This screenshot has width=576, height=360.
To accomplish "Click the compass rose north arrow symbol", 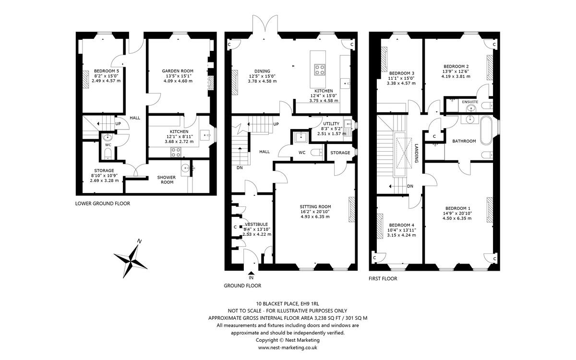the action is click(131, 260).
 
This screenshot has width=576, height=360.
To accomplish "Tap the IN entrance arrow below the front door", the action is click(252, 273).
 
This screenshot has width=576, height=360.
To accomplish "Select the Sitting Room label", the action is click(315, 206).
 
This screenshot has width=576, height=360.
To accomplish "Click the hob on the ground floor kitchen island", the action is click(320, 70).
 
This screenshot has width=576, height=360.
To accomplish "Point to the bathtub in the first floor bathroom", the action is click(485, 131).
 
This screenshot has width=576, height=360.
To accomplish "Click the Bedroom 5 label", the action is click(107, 71).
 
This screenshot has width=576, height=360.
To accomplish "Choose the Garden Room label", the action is click(178, 71).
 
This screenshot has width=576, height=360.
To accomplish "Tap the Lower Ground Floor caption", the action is click(103, 204).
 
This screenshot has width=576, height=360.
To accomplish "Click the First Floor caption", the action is click(383, 278).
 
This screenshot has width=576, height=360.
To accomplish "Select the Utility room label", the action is click(331, 124).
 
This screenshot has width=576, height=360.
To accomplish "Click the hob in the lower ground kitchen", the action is click(176, 152).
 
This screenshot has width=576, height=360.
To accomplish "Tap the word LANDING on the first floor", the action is click(417, 153).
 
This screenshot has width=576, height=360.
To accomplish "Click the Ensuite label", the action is click(470, 102).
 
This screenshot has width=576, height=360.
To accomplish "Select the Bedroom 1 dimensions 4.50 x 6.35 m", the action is click(457, 218).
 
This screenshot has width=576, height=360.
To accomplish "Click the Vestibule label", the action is click(256, 224).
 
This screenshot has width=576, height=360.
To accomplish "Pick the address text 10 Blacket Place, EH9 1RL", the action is click(287, 303).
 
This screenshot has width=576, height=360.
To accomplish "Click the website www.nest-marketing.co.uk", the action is click(288, 348).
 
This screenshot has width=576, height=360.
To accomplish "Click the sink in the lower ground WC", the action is click(108, 138).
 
